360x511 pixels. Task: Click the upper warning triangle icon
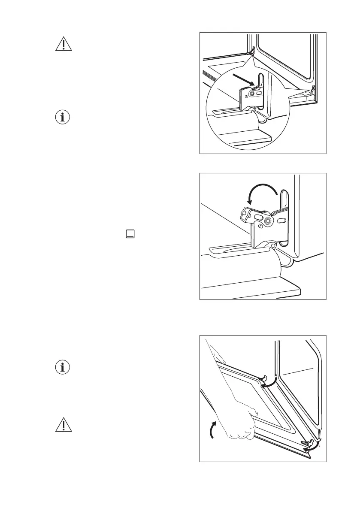[63, 44]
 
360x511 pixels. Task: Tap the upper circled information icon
[63, 117]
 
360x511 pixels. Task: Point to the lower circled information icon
[63, 368]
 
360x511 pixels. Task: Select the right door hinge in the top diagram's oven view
[313, 90]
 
